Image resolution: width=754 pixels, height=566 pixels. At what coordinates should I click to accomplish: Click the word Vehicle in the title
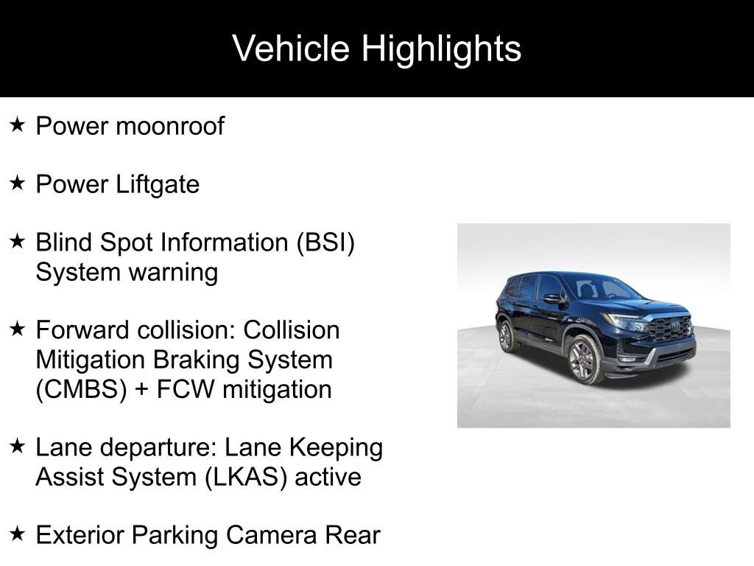[x=290, y=48]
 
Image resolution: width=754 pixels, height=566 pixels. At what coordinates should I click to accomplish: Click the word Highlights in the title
[x=442, y=49]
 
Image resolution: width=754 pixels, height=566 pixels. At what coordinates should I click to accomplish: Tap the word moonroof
[x=170, y=126]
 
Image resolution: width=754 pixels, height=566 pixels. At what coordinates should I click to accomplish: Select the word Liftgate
[x=158, y=185]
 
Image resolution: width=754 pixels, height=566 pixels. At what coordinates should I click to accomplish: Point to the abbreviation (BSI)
[x=326, y=242]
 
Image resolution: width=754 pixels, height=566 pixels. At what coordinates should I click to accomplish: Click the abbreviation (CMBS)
[x=81, y=390]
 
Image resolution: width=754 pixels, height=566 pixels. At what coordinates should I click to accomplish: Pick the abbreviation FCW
[x=185, y=389]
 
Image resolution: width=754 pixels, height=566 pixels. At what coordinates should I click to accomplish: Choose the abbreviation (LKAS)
[x=246, y=478]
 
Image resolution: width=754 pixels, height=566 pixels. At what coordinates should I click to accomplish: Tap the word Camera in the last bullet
[x=272, y=535]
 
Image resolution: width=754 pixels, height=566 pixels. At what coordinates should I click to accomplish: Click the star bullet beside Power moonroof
[x=18, y=125]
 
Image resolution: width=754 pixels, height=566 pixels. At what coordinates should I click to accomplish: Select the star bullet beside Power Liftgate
[x=18, y=183]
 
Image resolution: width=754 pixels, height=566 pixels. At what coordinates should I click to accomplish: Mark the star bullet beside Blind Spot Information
[x=18, y=241]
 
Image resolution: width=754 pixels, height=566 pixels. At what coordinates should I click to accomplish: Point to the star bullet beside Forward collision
[x=18, y=329]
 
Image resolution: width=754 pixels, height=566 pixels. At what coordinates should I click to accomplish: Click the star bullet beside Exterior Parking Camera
[x=18, y=534]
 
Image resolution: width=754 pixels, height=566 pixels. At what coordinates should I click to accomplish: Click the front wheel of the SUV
[x=584, y=359]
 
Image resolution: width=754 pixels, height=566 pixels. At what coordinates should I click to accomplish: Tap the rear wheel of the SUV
[x=507, y=336]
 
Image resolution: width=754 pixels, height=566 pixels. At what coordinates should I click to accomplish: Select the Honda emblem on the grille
[x=676, y=326]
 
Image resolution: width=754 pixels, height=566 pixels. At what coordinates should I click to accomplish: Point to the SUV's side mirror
[x=553, y=299]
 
